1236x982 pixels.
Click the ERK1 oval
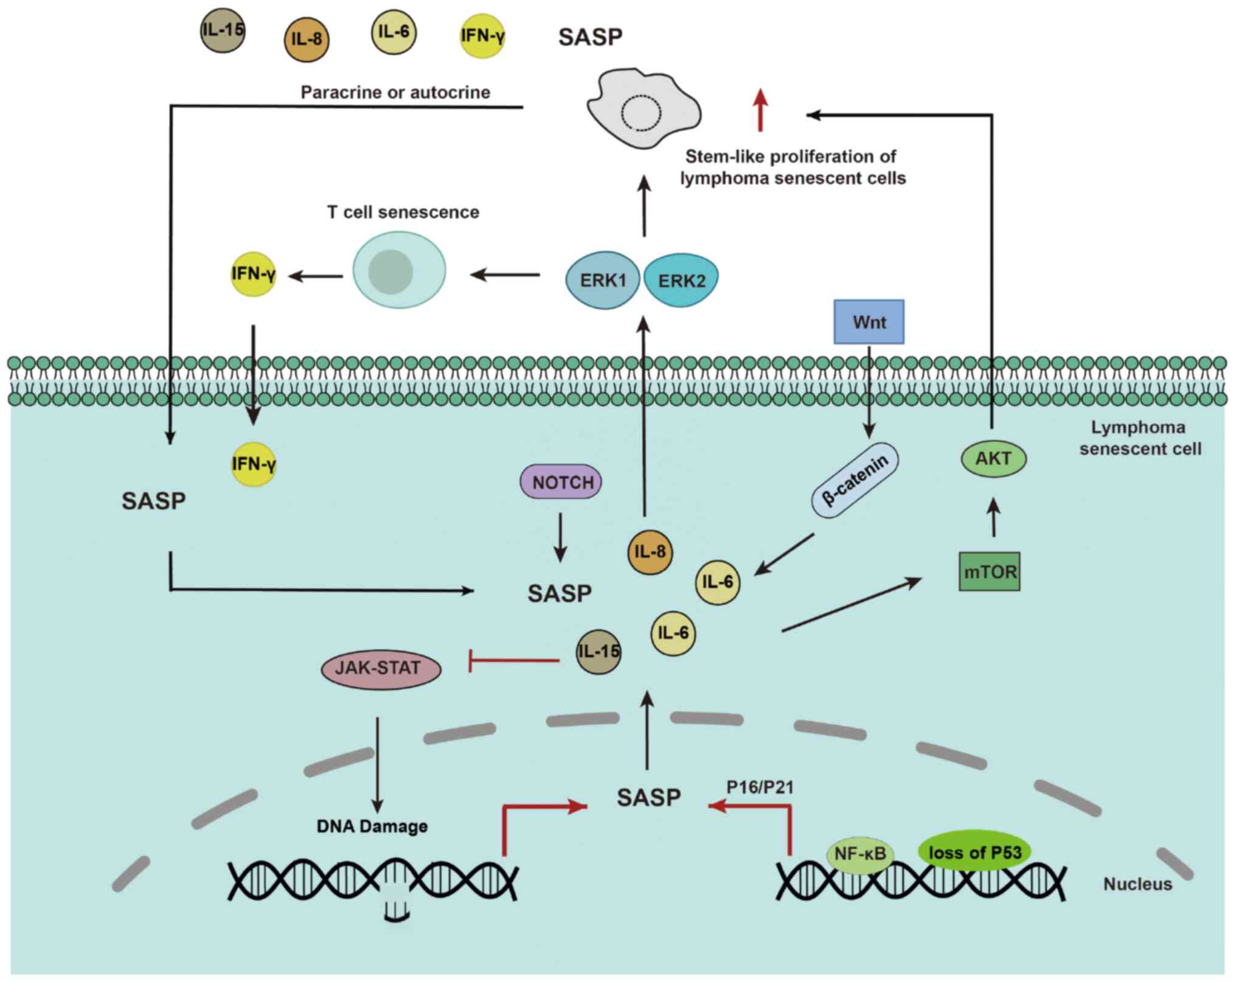coord(603,280)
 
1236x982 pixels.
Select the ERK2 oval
coord(682,280)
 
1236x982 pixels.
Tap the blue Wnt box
coord(869,322)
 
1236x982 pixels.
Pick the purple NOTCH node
coord(561,482)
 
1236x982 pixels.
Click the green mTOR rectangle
coord(990,572)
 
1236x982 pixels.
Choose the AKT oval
coord(993,459)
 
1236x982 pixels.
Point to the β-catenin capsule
coord(855,480)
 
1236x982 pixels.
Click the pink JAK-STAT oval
coord(380,669)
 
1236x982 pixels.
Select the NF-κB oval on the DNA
coord(859,855)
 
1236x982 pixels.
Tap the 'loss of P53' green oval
coord(974,852)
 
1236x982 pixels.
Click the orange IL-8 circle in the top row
coord(307,40)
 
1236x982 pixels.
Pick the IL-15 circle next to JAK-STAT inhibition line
coord(599,652)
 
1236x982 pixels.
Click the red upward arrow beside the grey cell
coord(760,110)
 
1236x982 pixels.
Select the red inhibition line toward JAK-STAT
coord(514,660)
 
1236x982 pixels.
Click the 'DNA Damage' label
coord(372,826)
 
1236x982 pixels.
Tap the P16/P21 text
coord(760,787)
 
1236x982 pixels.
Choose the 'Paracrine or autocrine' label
coord(395,92)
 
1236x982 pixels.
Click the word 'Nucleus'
coord(1137,884)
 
